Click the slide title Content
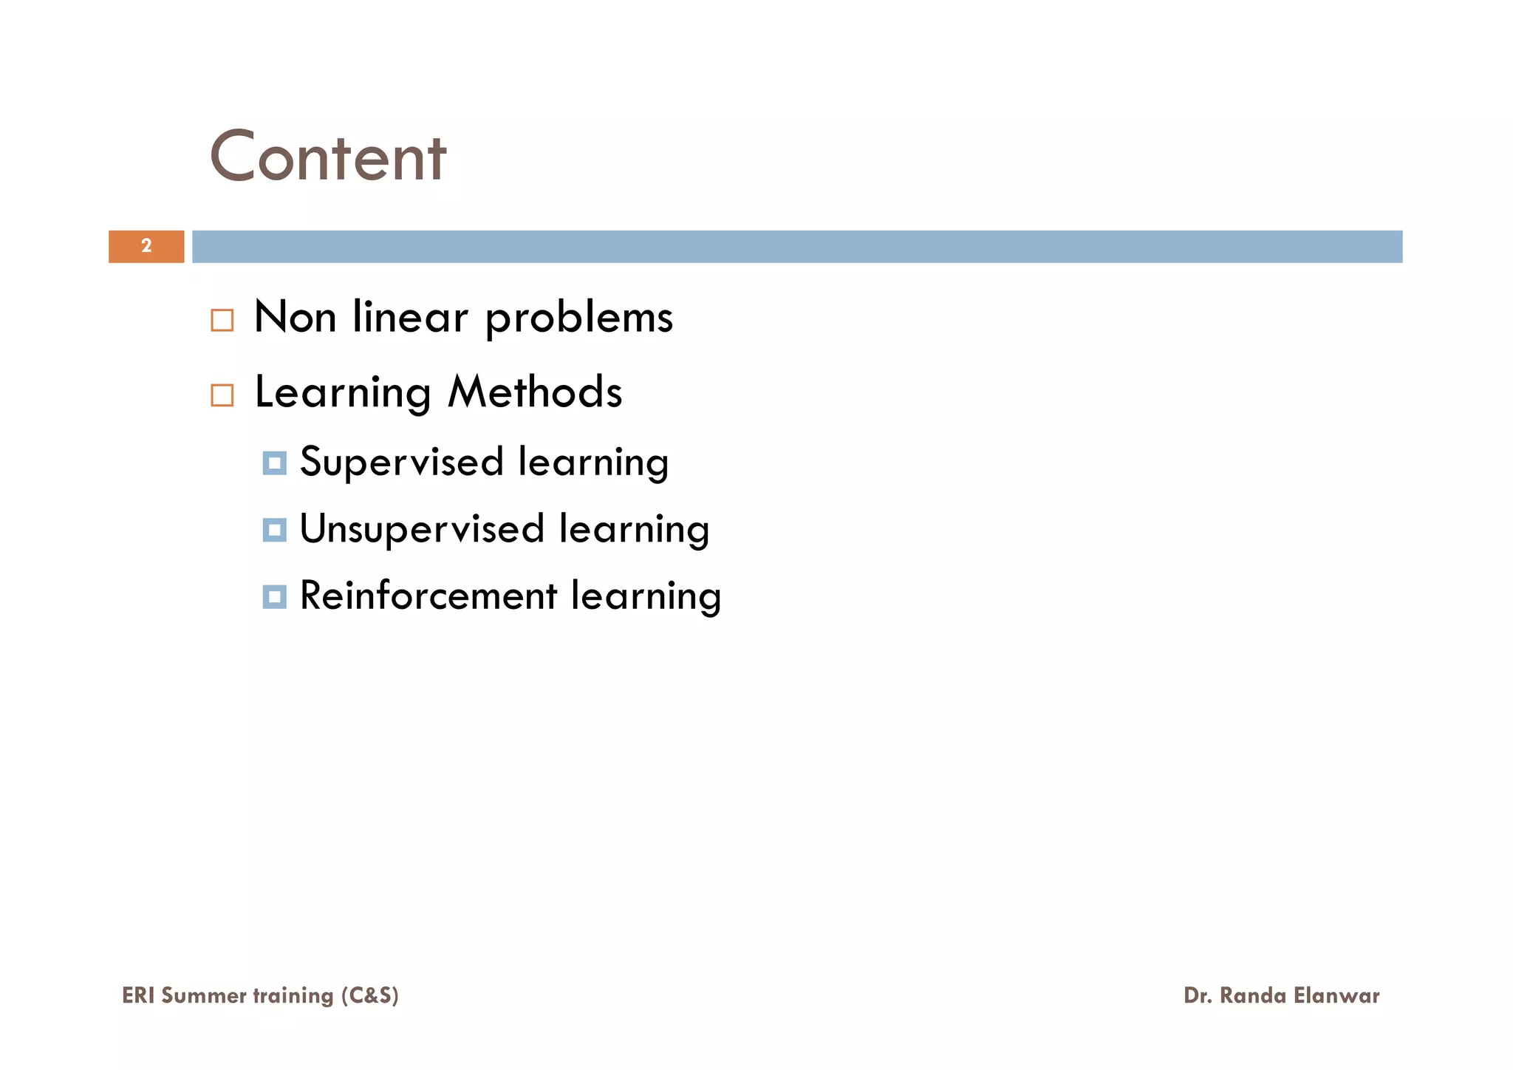click(328, 157)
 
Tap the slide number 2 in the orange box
click(146, 246)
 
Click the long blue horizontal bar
click(796, 246)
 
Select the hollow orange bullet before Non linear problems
click(222, 320)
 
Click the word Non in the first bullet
click(295, 317)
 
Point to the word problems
click(578, 318)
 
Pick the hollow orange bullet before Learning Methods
click(222, 395)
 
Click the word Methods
click(535, 392)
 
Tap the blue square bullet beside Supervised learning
click(274, 463)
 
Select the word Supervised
click(402, 463)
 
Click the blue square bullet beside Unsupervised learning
click(274, 530)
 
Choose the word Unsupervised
click(422, 530)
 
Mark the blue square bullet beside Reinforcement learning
click(274, 596)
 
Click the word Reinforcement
click(428, 596)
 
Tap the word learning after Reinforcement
click(646, 597)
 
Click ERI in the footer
click(138, 995)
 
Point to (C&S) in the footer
click(369, 995)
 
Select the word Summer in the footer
click(203, 995)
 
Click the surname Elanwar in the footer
click(1336, 995)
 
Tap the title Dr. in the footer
click(1198, 995)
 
